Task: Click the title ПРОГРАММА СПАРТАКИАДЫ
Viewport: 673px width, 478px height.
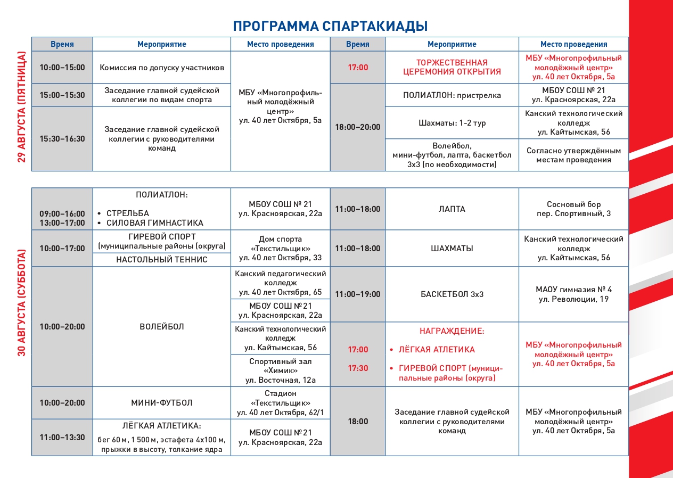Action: pos(330,26)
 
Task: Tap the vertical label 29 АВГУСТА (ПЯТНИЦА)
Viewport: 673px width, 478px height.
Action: pos(22,107)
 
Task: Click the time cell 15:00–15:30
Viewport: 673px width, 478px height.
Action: pos(62,95)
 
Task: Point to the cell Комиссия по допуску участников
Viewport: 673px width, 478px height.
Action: pos(162,68)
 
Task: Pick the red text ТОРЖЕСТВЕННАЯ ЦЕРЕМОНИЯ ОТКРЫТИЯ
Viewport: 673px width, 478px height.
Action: pos(452,67)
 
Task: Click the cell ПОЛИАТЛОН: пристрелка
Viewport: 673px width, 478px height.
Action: pos(452,95)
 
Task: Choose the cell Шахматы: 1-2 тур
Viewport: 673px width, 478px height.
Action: pos(452,123)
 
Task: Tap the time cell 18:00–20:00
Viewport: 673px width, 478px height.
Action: pos(358,127)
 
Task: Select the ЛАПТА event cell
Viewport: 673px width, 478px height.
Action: pos(452,209)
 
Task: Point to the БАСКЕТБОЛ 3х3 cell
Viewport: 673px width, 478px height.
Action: pos(452,294)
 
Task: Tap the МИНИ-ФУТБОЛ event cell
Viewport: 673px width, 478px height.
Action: pos(162,403)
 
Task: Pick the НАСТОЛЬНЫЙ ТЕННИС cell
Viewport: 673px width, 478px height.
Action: pos(162,260)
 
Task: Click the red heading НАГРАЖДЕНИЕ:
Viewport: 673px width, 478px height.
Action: pos(452,331)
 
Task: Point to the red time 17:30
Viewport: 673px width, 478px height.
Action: pos(358,368)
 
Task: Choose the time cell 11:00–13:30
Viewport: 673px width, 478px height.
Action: pos(62,438)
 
